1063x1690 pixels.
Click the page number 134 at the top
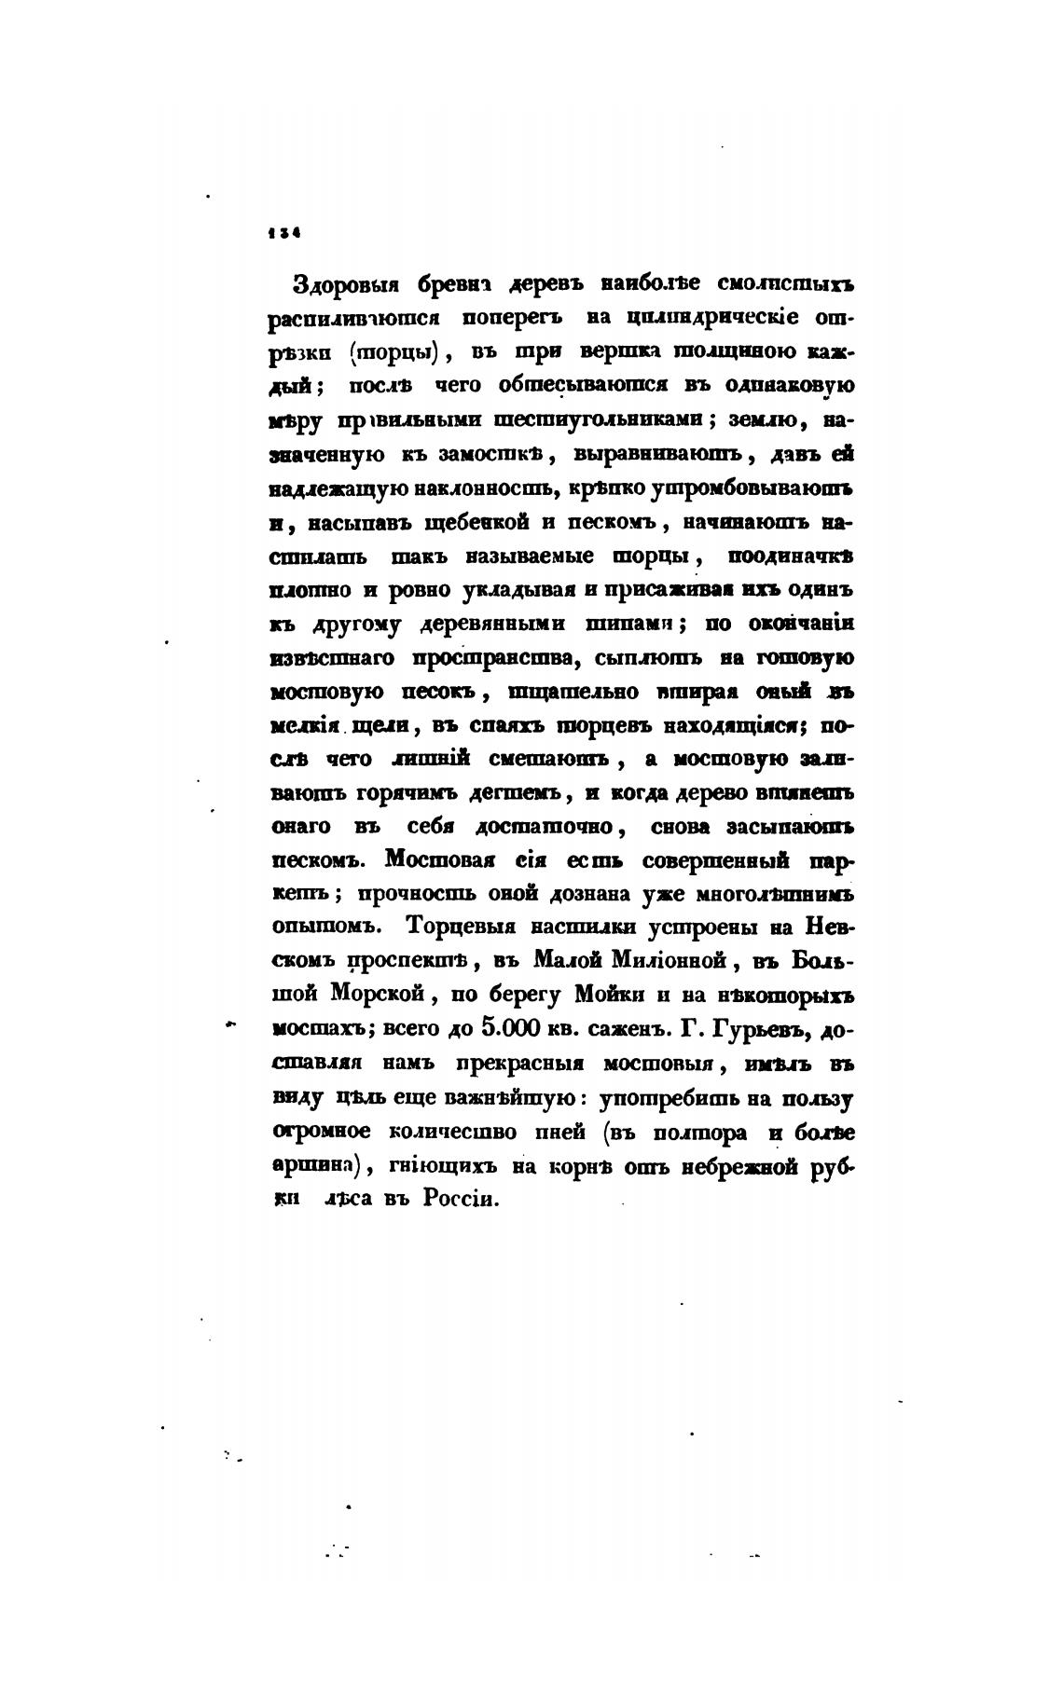tap(283, 235)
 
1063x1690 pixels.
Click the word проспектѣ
tap(415, 960)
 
